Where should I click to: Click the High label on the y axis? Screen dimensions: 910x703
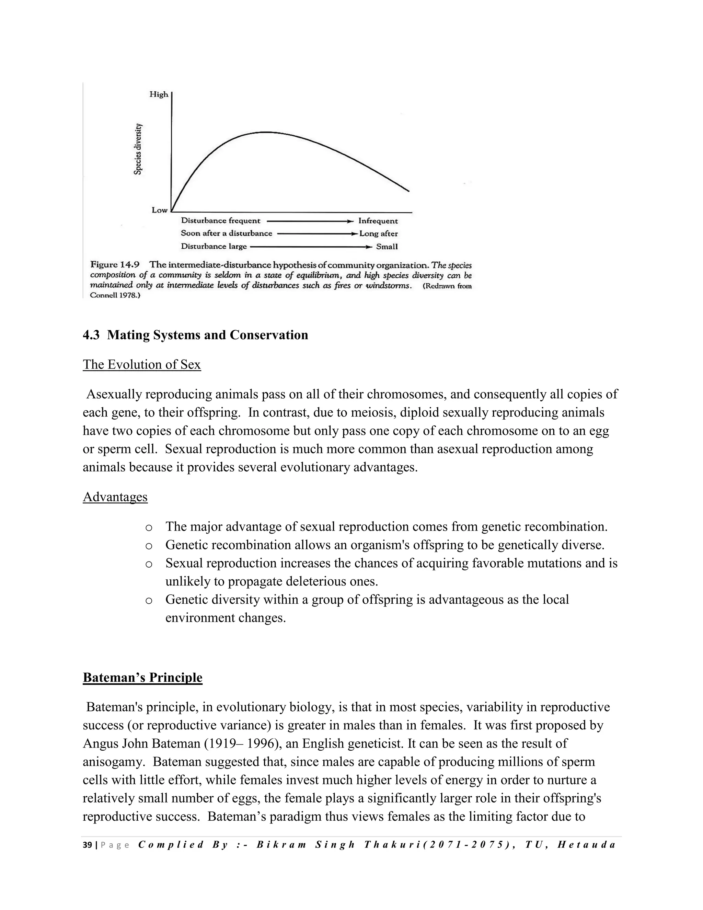click(159, 94)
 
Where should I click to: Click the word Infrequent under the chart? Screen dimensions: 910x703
click(378, 221)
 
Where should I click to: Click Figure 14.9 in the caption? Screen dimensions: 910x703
click(115, 264)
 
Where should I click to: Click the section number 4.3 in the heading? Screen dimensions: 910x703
click(91, 335)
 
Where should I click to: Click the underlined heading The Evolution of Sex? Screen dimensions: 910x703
click(142, 365)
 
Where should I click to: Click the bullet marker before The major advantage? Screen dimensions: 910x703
click(148, 527)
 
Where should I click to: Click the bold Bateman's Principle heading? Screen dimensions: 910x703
click(142, 678)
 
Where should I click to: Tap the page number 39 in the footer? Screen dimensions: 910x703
click(87, 845)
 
